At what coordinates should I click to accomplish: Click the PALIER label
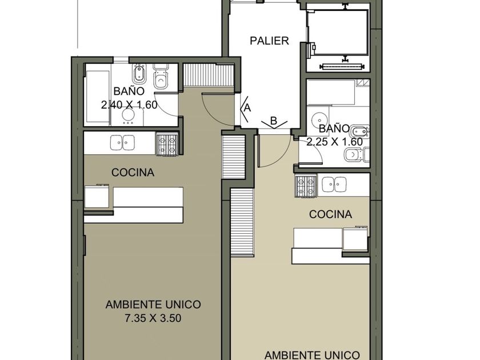(x=269, y=41)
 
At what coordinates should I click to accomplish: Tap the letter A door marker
(x=247, y=108)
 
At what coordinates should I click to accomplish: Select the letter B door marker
(x=274, y=121)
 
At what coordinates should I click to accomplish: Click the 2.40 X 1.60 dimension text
(x=129, y=105)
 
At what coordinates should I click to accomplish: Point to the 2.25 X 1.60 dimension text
(x=335, y=142)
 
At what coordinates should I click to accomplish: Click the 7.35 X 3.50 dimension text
(x=153, y=318)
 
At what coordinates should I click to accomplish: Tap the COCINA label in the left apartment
(x=133, y=173)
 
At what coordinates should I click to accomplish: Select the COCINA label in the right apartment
(x=330, y=214)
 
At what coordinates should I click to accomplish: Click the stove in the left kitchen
(x=167, y=144)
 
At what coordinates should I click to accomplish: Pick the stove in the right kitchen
(x=306, y=186)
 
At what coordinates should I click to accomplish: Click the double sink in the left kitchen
(x=122, y=143)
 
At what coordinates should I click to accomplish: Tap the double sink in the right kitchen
(x=334, y=184)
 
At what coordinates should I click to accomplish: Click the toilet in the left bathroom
(x=161, y=77)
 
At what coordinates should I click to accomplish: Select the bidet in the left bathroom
(x=140, y=74)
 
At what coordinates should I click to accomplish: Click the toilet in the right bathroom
(x=357, y=155)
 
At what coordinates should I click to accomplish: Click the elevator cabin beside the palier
(x=338, y=33)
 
